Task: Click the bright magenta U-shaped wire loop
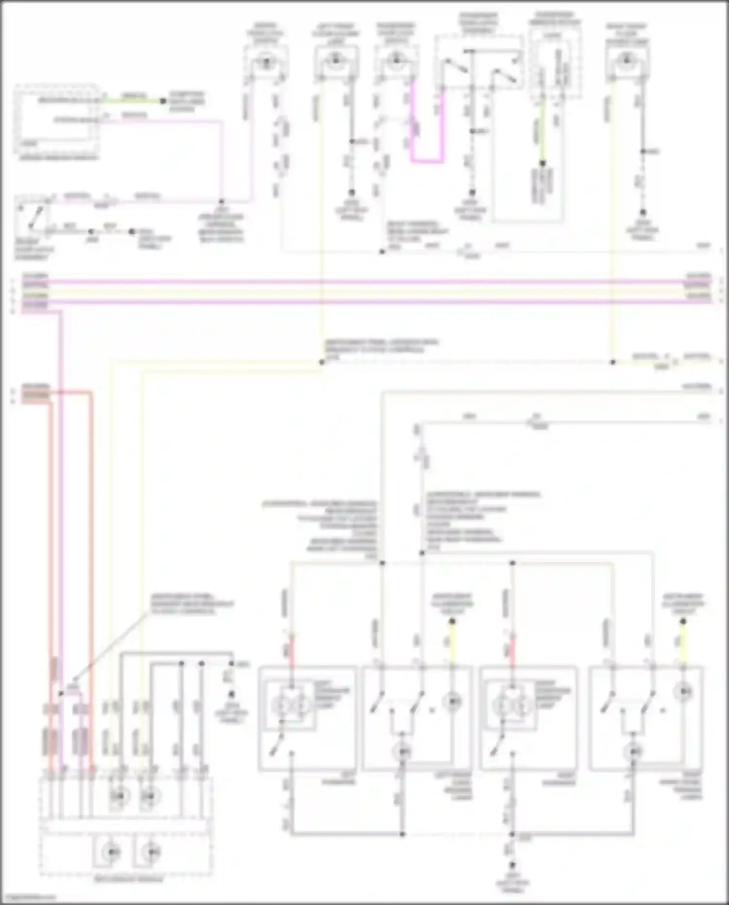coord(427,160)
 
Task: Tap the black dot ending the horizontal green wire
coord(163,101)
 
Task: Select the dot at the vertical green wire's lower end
coord(542,163)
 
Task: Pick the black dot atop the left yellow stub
coord(452,621)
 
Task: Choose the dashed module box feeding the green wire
coord(57,118)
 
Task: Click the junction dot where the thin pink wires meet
coord(222,201)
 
